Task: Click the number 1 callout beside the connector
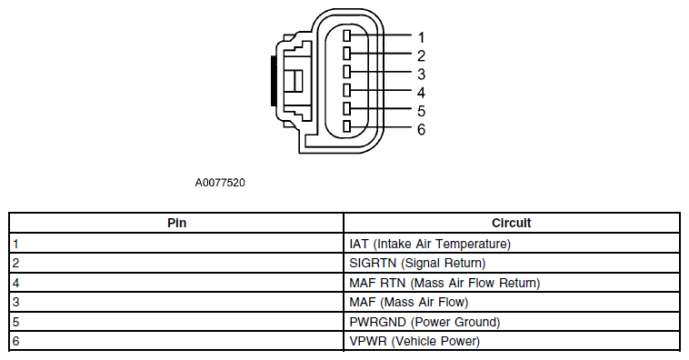coord(422,38)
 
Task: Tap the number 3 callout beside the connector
coord(422,75)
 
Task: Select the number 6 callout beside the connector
coord(422,129)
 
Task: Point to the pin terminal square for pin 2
coord(346,54)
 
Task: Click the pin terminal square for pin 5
coord(346,108)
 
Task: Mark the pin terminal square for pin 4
coord(346,90)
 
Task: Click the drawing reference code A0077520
coord(220,183)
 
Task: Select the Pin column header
coord(176,223)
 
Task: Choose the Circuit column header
coord(512,223)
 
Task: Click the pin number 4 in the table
coord(16,283)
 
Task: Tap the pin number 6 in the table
coord(16,341)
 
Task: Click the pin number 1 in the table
coord(16,244)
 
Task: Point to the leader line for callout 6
coord(381,127)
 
